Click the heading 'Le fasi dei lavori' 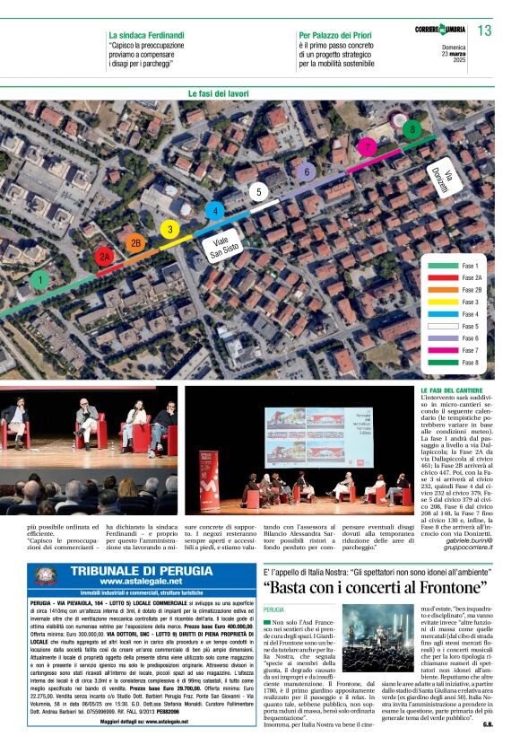pyautogui.click(x=219, y=93)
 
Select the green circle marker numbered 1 pyautogui.click(x=39, y=280)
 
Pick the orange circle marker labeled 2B pyautogui.click(x=135, y=242)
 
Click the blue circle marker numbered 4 pyautogui.click(x=214, y=211)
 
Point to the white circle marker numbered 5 pyautogui.click(x=258, y=191)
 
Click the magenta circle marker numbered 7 pyautogui.click(x=366, y=146)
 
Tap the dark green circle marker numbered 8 pyautogui.click(x=412, y=128)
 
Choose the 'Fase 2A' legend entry pyautogui.click(x=470, y=278)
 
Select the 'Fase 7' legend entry pyautogui.click(x=470, y=350)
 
